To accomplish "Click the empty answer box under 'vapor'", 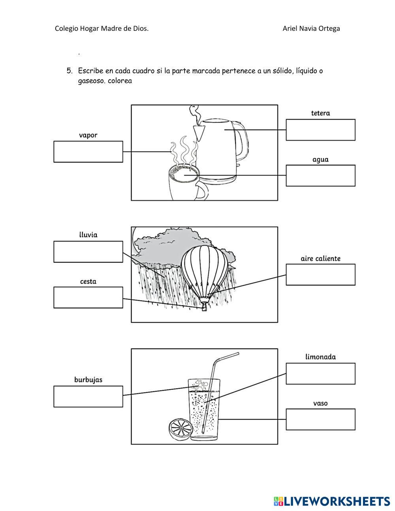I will [x=88, y=152].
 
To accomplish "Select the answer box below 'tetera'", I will [x=320, y=130].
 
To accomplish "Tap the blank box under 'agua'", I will [x=320, y=176].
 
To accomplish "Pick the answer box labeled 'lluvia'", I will [x=88, y=252].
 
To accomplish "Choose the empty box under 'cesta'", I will [x=88, y=298].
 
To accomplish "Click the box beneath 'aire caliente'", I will [x=320, y=275].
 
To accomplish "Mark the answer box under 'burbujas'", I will [x=88, y=396].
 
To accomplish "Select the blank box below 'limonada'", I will [x=320, y=374].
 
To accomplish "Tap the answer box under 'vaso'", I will [x=320, y=419].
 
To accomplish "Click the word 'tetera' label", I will [x=320, y=113].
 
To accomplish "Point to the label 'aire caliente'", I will [x=320, y=259].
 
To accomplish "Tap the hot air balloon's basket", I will [x=204, y=306].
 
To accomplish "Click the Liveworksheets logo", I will [x=332, y=501].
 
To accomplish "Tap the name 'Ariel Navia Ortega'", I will [x=311, y=28].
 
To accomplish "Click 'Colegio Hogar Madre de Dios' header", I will [x=102, y=28].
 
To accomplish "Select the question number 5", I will [x=70, y=71].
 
